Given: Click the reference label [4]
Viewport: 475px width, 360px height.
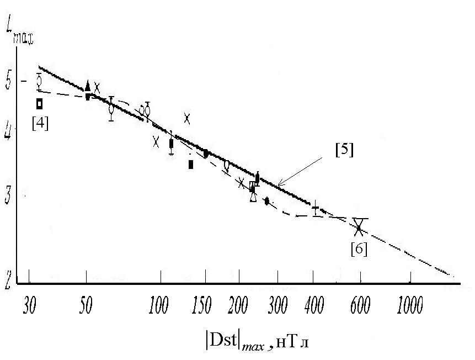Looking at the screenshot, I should [x=40, y=123].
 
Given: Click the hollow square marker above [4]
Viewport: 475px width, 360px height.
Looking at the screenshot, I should [x=40, y=103].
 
